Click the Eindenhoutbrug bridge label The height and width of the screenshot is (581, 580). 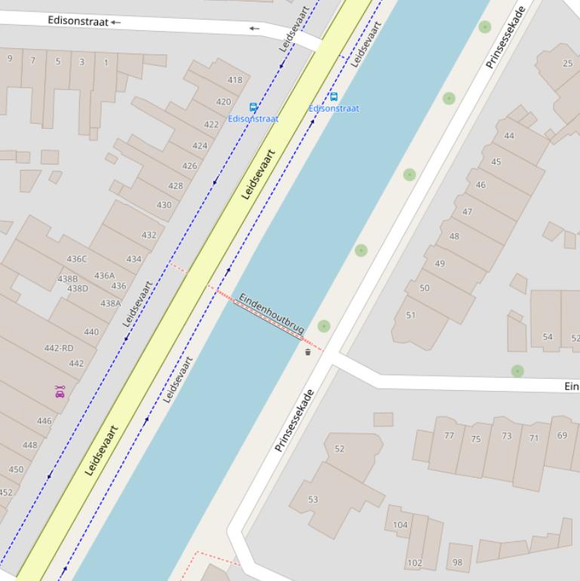coord(272,313)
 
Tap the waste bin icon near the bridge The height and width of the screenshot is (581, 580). coord(308,352)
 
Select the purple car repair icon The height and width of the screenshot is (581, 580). coord(60,391)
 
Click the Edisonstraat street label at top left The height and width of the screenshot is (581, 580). coord(78,20)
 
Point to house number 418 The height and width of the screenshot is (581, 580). coord(235,80)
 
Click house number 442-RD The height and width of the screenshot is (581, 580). coord(59,348)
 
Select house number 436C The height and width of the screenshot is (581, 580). coord(76,259)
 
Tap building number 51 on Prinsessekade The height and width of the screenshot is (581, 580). coord(410,315)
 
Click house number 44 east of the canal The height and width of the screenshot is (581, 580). coord(509,136)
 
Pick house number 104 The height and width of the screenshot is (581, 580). coord(400,524)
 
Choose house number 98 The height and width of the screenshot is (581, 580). coord(457,561)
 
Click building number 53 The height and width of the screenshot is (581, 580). coord(313,499)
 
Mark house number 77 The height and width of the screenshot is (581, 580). coord(450,435)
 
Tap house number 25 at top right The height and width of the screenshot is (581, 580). coord(567,63)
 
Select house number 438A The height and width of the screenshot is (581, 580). coord(111,303)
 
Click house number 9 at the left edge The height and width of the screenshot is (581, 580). coord(10,59)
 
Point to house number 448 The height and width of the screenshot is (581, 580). coord(29,444)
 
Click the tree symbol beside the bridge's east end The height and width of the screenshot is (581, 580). coord(324,326)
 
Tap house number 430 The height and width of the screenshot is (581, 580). coord(164,204)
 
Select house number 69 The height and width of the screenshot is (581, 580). coord(562,435)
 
